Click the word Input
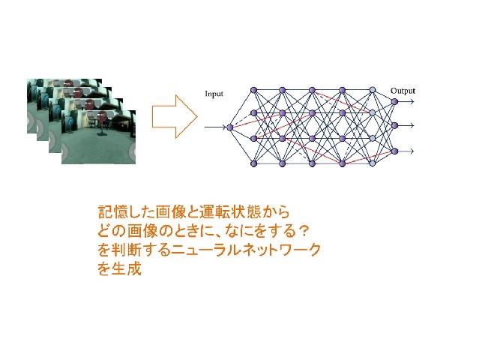coord(214,94)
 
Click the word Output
coord(403,91)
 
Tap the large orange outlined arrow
coord(175,116)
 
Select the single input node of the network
coord(230,127)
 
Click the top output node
coord(394,101)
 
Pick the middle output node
coord(394,125)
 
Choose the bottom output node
coord(394,151)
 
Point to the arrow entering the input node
coord(215,127)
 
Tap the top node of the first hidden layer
coord(253,90)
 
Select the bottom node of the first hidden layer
coord(253,163)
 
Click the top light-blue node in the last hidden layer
coord(372,90)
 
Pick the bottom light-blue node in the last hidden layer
coord(372,163)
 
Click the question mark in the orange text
coord(302,231)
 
